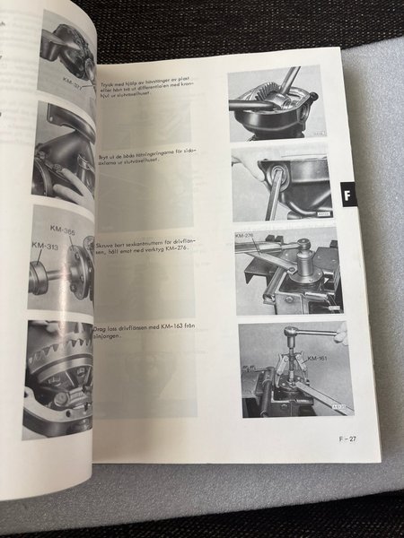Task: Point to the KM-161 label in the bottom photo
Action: pos(315,360)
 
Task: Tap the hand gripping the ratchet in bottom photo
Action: pos(340,335)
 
